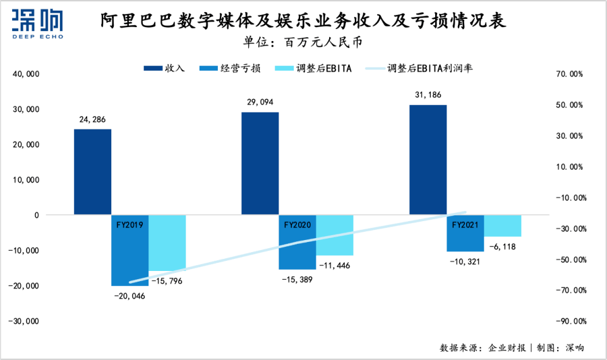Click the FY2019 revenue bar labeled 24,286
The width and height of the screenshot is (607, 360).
click(x=92, y=172)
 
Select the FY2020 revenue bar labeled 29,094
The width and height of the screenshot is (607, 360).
click(x=260, y=164)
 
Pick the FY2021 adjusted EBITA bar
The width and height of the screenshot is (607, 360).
click(x=503, y=225)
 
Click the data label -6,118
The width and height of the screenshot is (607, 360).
click(x=501, y=247)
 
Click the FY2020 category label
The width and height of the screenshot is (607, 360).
click(x=297, y=224)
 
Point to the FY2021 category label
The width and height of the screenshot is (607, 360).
click(x=465, y=224)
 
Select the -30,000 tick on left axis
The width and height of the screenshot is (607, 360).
click(x=25, y=321)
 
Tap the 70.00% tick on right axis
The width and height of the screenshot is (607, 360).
click(x=568, y=74)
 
